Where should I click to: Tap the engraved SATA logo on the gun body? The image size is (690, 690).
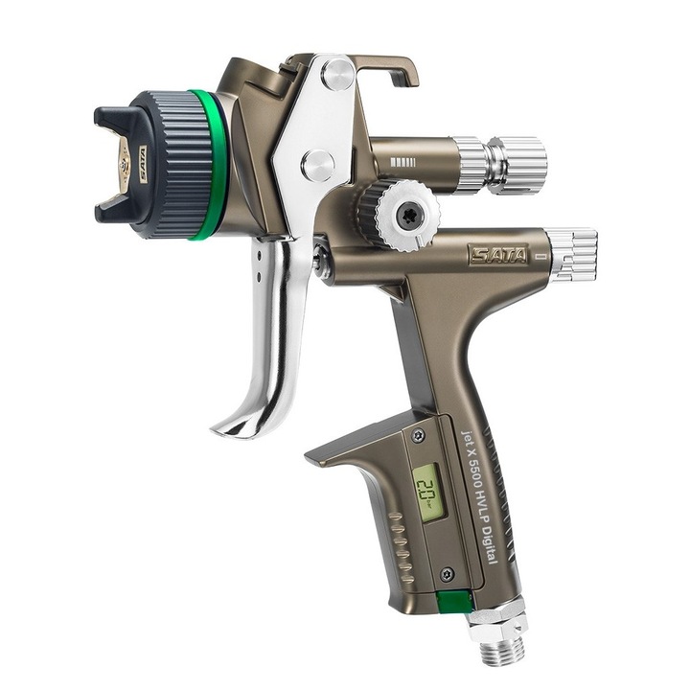(x=497, y=255)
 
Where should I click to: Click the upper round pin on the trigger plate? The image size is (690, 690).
(x=337, y=74)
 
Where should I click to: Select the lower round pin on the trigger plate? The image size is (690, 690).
(x=318, y=164)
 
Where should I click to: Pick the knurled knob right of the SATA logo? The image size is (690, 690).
(x=573, y=255)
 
